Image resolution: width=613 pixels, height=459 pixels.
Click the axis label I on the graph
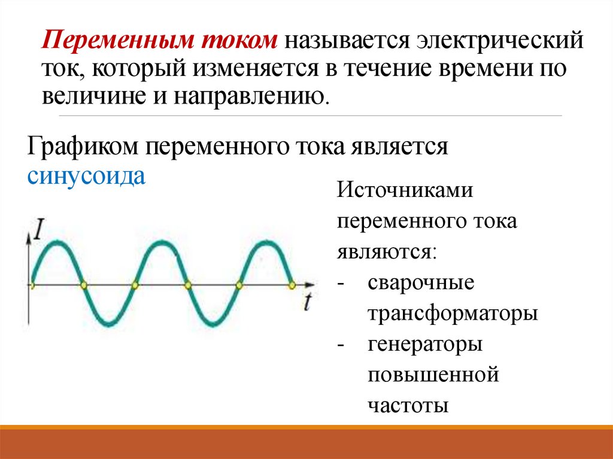click(40, 230)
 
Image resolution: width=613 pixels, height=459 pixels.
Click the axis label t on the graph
click(306, 303)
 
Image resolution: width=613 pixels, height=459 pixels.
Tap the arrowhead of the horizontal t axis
click(310, 285)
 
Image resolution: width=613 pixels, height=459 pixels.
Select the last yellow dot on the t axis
click(292, 285)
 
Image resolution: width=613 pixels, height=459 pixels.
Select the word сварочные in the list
click(421, 283)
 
